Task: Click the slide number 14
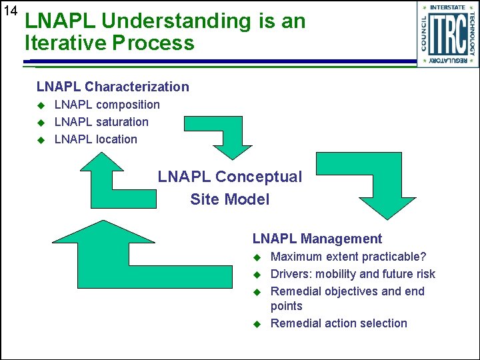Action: [10, 11]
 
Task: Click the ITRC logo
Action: [447, 34]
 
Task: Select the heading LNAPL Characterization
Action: [113, 87]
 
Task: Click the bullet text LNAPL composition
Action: [107, 105]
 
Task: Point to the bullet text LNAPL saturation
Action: [101, 122]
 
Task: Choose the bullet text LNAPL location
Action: [95, 139]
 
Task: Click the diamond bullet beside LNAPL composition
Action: [40, 105]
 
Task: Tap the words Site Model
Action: [229, 199]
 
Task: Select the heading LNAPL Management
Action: [317, 239]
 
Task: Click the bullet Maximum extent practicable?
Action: [348, 257]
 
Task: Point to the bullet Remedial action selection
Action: [339, 323]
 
